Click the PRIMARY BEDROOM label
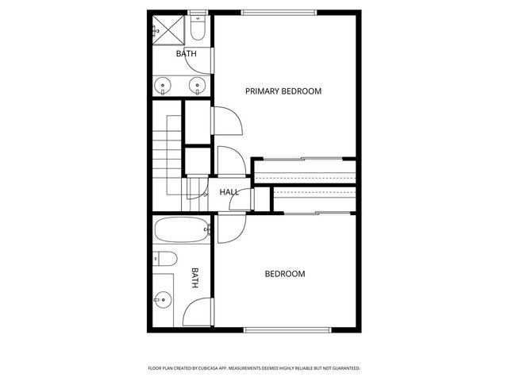click(x=283, y=91)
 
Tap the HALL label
click(x=229, y=192)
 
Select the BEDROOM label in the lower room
click(x=284, y=275)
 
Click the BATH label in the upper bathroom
click(x=186, y=54)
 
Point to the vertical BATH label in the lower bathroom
click(x=194, y=277)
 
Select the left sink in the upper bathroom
click(x=164, y=85)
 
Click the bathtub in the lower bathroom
click(x=180, y=230)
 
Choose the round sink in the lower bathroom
click(x=164, y=299)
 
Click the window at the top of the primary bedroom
click(x=279, y=12)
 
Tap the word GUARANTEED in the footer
click(x=342, y=368)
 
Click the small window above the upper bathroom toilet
click(x=199, y=12)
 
